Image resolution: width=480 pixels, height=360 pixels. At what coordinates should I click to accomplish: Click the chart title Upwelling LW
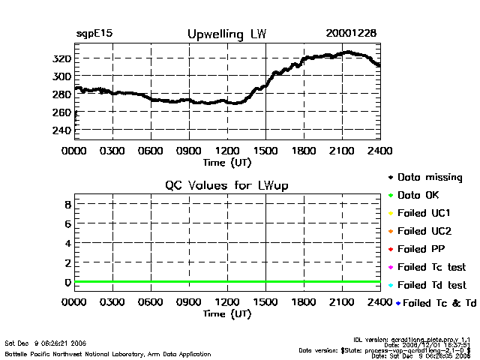coord(226,34)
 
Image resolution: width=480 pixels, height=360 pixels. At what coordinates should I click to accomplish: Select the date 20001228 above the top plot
coord(351,33)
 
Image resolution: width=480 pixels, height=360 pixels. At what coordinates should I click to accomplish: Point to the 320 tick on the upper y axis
coord(62,58)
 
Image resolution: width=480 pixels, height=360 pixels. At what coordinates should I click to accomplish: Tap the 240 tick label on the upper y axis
coord(62,130)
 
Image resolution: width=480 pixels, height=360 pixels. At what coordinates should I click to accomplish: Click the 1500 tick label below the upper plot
coord(265,151)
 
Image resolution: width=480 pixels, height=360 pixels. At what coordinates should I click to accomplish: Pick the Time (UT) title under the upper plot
coord(227,161)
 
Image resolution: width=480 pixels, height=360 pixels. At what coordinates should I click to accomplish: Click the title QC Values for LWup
coord(226,185)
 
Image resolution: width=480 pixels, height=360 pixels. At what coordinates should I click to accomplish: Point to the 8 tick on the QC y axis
coord(67,204)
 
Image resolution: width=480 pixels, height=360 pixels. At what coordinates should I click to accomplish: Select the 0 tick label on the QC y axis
coord(67,282)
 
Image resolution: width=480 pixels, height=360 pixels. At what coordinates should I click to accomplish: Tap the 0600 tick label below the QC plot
coord(151,303)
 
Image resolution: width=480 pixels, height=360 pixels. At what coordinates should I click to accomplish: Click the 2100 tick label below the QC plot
coord(342,303)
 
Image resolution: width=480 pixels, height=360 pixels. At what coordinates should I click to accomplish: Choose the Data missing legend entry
coord(429,178)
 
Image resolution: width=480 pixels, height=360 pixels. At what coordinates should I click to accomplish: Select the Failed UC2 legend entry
coord(426,231)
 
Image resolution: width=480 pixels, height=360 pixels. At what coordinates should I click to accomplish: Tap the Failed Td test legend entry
coord(430,285)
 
